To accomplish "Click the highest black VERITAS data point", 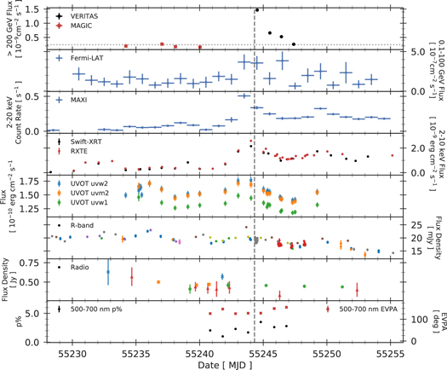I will click(257, 10).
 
